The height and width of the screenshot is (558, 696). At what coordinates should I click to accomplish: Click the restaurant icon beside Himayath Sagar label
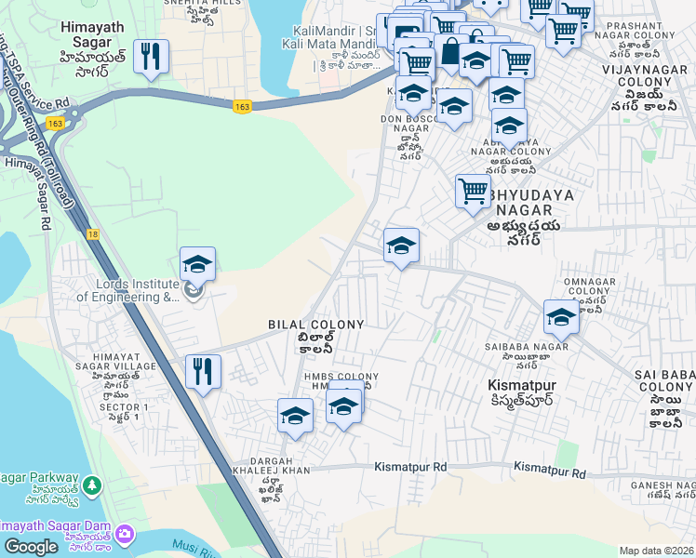point(150,56)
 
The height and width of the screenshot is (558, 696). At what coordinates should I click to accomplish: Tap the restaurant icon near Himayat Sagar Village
point(202,371)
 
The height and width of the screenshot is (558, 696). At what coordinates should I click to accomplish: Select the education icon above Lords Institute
point(197,263)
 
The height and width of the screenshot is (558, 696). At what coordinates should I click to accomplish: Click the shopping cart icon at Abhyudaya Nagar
point(473,191)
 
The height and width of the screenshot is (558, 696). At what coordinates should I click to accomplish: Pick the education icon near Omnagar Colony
point(560,316)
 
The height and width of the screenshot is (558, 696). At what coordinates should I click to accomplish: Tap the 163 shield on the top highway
point(242,107)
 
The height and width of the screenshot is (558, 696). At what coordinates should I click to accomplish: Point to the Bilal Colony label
point(315,324)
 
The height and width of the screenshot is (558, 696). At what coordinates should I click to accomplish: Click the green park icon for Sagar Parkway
point(92,485)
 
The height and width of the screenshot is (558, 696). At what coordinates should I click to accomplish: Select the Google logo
point(31,547)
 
